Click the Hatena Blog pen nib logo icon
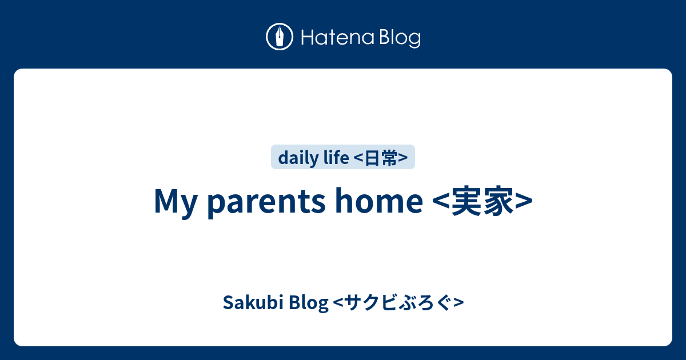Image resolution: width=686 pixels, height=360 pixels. tap(280, 37)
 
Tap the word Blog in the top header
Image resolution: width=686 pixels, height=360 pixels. tap(398, 38)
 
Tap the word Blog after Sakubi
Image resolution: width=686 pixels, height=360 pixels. tap(309, 303)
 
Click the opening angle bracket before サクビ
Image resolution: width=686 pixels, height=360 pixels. tap(336, 303)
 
